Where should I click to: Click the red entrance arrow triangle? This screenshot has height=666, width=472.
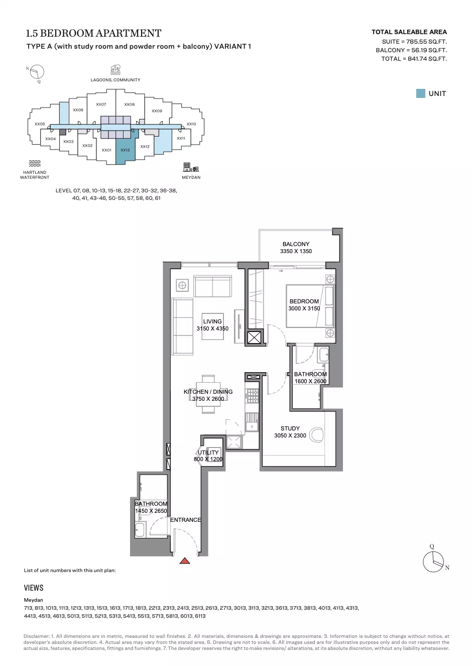pyautogui.click(x=185, y=561)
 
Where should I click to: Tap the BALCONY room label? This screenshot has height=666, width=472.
pyautogui.click(x=296, y=244)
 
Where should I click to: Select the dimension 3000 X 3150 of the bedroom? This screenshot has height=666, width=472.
pyautogui.click(x=304, y=308)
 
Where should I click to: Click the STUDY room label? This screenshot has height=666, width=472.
pyautogui.click(x=290, y=428)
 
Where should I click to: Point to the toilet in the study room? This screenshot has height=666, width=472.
pyautogui.click(x=316, y=435)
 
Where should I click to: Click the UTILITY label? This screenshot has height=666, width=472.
pyautogui.click(x=208, y=452)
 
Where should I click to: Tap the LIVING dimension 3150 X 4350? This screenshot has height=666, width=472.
pyautogui.click(x=212, y=328)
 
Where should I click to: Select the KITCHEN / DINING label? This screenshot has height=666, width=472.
pyautogui.click(x=208, y=392)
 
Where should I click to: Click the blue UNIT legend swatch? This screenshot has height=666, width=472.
pyautogui.click(x=421, y=93)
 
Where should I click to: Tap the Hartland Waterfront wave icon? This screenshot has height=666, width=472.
pyautogui.click(x=35, y=163)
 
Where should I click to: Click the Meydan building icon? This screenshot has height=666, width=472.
pyautogui.click(x=191, y=167)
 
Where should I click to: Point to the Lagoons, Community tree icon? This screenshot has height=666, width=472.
pyautogui.click(x=115, y=70)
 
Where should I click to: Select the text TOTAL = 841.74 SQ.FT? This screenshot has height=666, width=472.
pyautogui.click(x=414, y=59)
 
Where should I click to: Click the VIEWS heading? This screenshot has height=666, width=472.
pyautogui.click(x=34, y=588)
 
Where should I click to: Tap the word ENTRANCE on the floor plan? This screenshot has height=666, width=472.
pyautogui.click(x=185, y=520)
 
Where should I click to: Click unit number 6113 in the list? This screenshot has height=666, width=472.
pyautogui.click(x=200, y=616)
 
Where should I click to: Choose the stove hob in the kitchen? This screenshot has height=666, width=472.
pyautogui.click(x=252, y=396)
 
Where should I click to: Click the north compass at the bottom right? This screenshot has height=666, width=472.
pyautogui.click(x=434, y=562)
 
